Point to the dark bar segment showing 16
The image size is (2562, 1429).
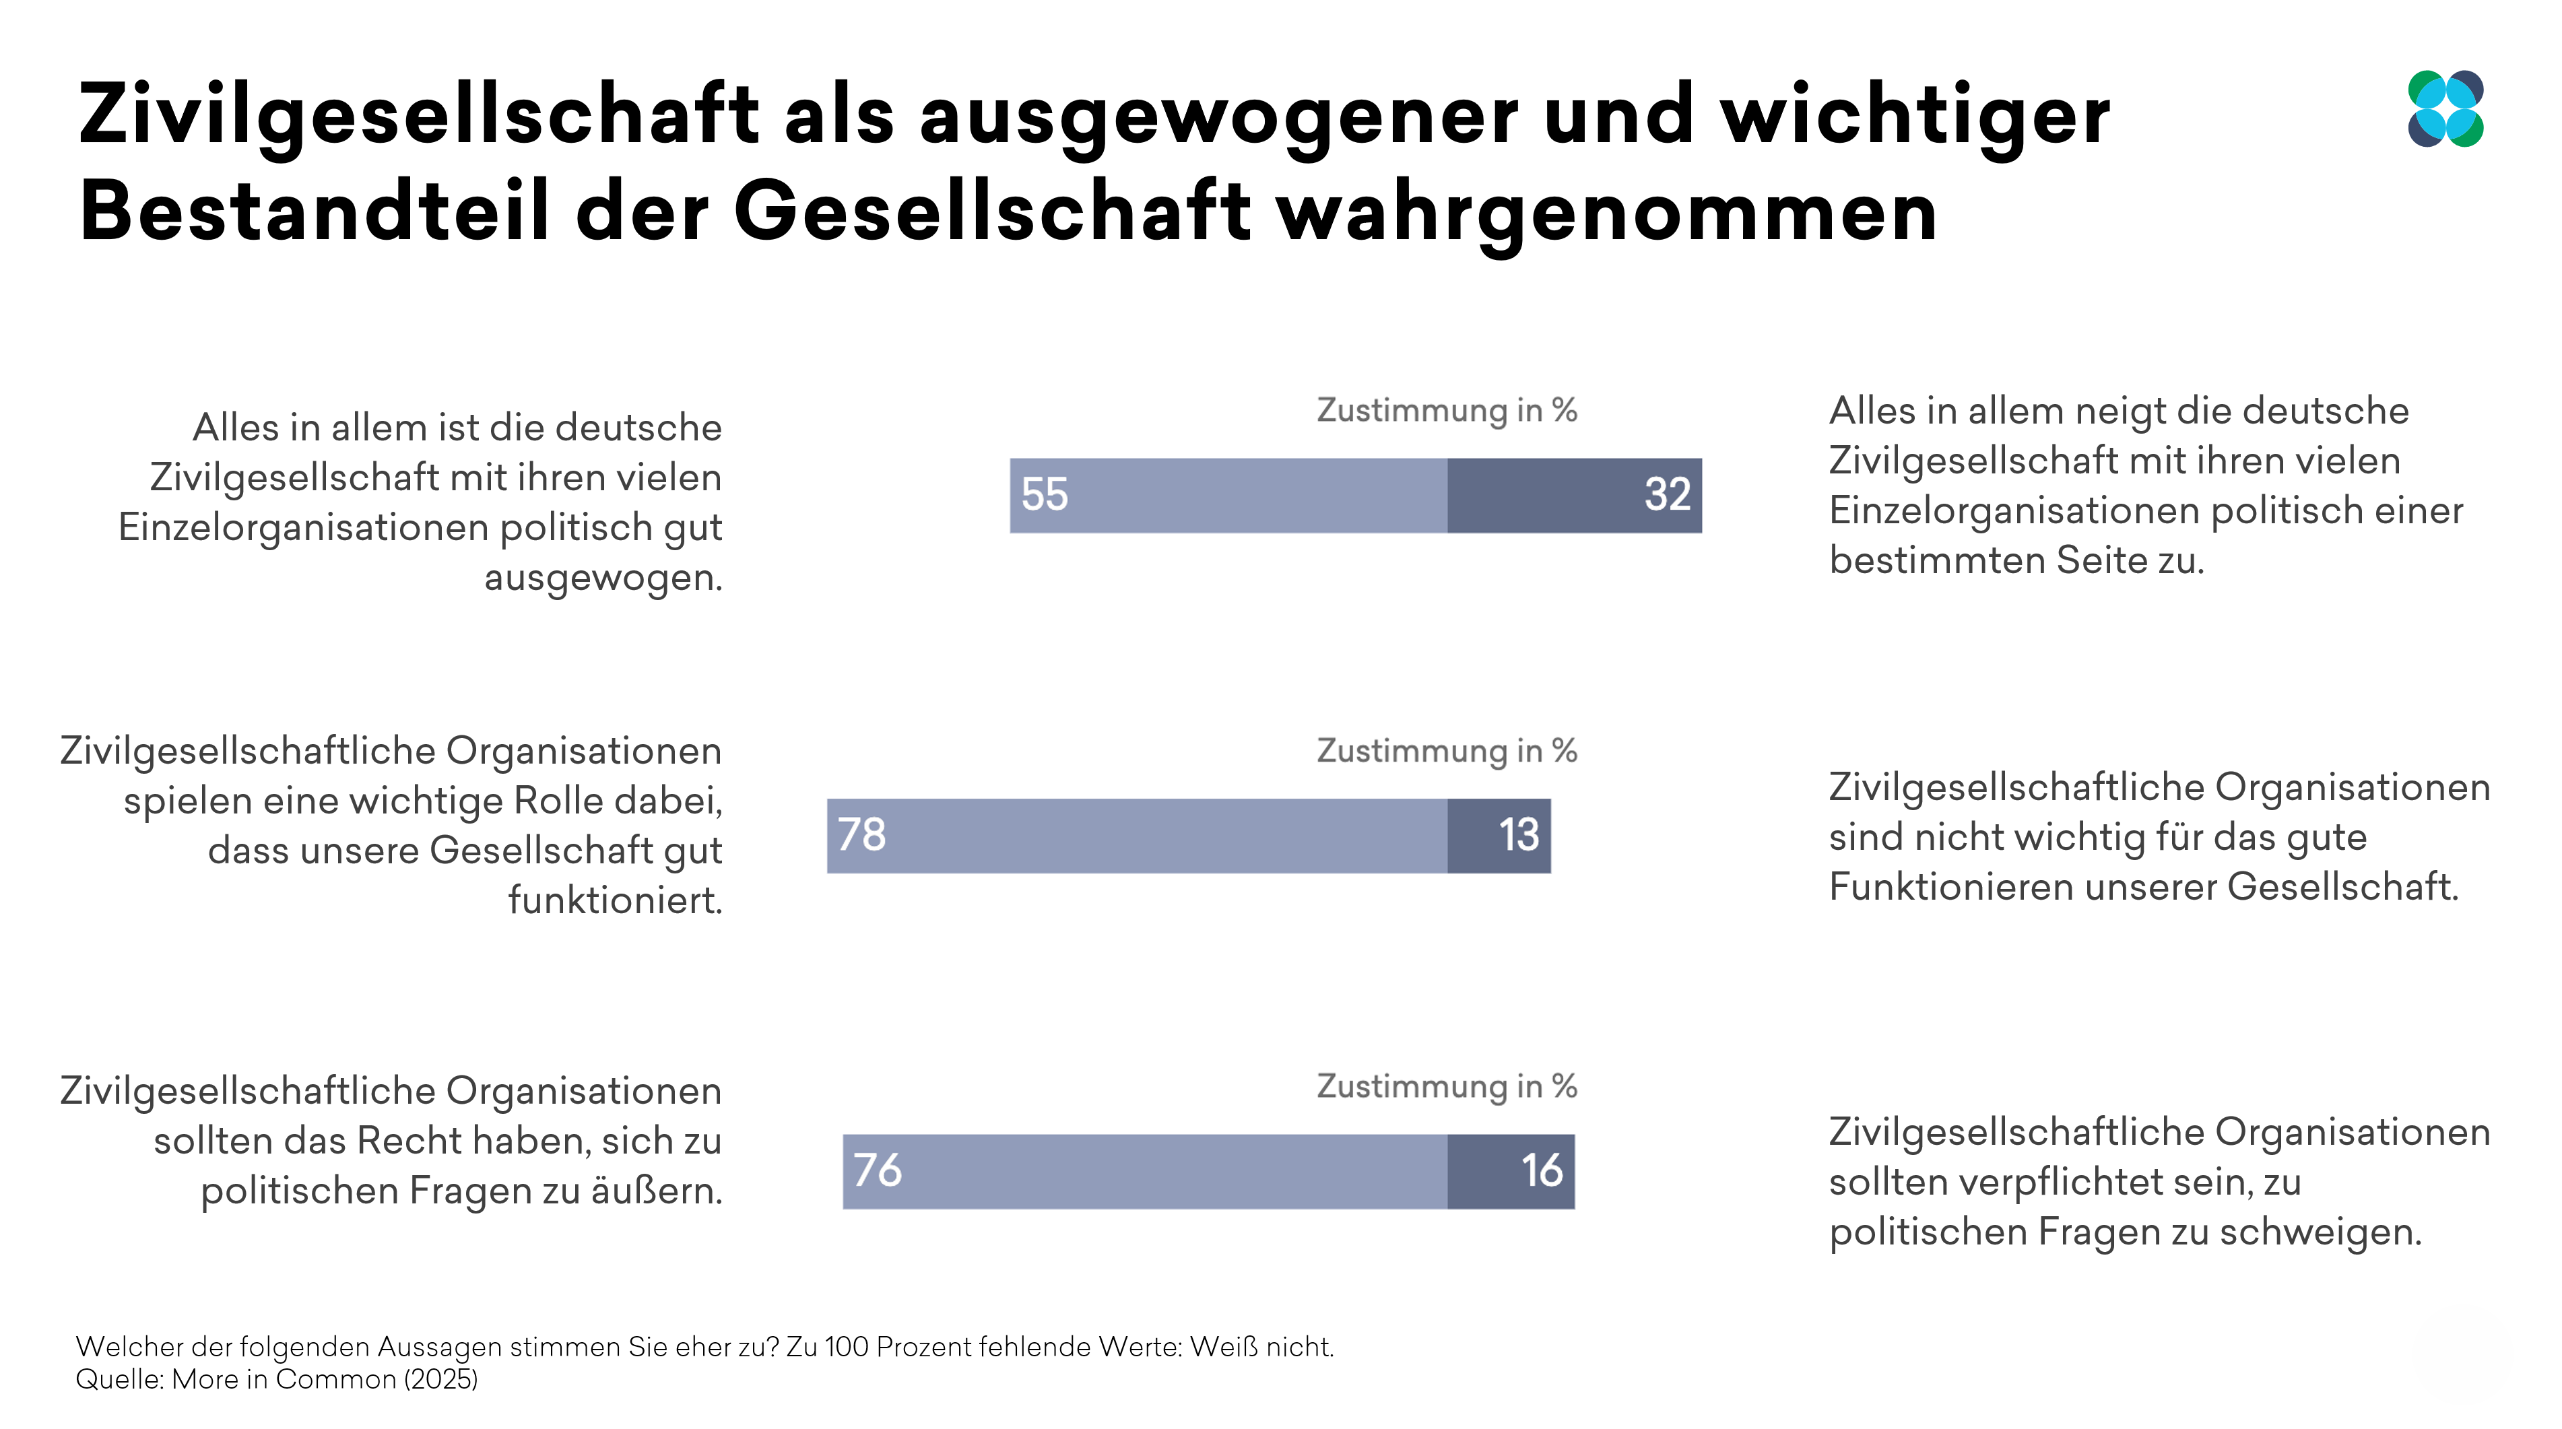point(1510,1172)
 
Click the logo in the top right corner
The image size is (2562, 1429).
point(2445,109)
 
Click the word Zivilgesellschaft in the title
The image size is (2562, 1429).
point(418,115)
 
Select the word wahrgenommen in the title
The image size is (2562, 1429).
point(1606,213)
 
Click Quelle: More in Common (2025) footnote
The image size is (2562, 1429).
point(277,1379)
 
